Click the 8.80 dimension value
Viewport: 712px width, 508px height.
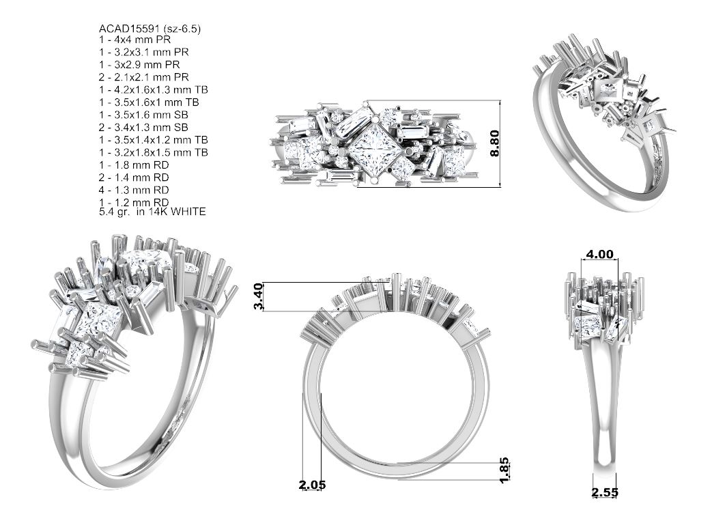click(x=494, y=143)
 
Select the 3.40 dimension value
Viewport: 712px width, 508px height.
click(x=258, y=296)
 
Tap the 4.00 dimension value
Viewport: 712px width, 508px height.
click(x=599, y=254)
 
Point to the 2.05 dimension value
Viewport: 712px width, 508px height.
click(x=313, y=485)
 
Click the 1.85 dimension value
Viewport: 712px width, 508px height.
click(x=504, y=470)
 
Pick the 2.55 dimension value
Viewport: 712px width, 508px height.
click(x=604, y=492)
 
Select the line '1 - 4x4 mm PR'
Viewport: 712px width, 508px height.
click(x=135, y=40)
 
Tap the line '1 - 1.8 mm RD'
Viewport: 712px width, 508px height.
click(x=134, y=165)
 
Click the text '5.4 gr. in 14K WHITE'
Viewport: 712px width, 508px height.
click(x=152, y=211)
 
